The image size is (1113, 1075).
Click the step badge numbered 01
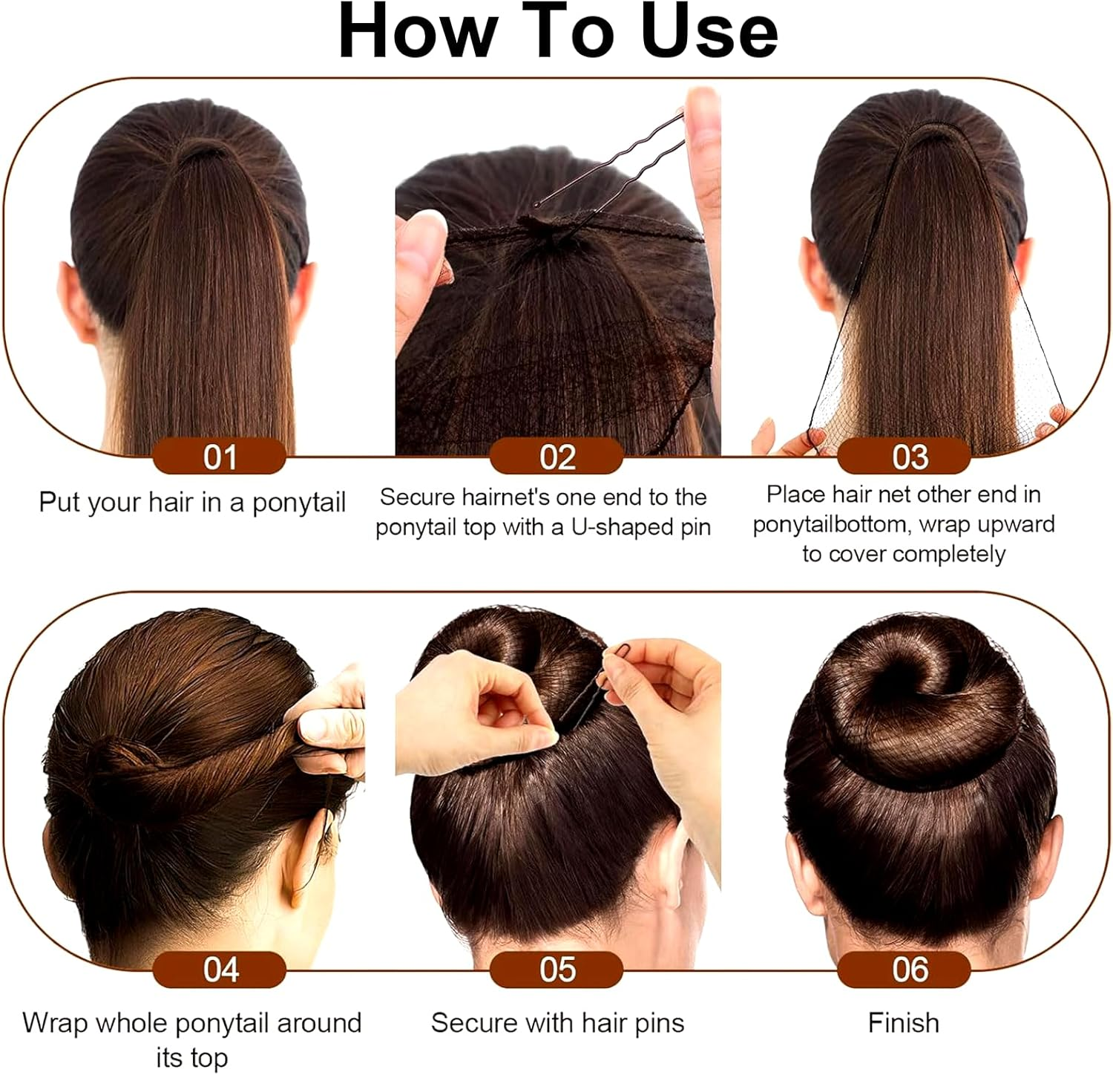220,457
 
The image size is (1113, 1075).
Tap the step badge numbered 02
556,457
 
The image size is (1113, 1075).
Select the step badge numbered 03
904,457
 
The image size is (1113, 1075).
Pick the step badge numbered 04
220,970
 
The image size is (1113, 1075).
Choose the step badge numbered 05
556,970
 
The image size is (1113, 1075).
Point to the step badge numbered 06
904,970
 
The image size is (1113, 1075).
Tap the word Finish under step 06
903,1023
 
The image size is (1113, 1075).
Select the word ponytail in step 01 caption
299,503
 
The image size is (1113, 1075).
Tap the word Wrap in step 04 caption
55,1023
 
